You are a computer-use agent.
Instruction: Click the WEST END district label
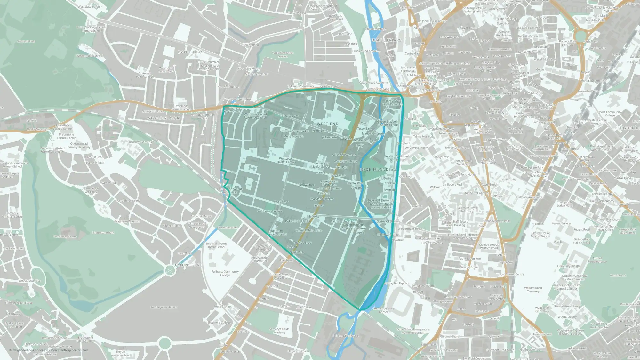(327, 124)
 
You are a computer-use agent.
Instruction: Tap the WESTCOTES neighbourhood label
(297, 221)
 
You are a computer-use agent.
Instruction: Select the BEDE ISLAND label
(374, 169)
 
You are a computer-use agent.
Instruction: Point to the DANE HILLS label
(190, 52)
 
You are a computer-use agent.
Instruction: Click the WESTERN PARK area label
(163, 118)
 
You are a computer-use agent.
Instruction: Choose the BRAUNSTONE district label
(188, 265)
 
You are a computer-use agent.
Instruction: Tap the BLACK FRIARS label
(386, 40)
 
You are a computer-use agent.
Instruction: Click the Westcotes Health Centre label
(286, 160)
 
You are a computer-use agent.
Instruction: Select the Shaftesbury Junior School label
(321, 165)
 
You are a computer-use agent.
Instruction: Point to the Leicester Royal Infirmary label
(467, 210)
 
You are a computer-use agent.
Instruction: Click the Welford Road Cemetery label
(533, 290)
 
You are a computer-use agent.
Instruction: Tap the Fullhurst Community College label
(225, 273)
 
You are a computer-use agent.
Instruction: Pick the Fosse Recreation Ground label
(283, 54)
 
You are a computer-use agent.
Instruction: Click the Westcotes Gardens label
(270, 211)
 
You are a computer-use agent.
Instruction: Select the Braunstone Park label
(103, 233)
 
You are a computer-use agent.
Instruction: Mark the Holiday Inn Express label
(396, 283)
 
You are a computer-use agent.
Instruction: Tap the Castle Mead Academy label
(373, 83)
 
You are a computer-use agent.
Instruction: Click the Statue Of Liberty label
(388, 221)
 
